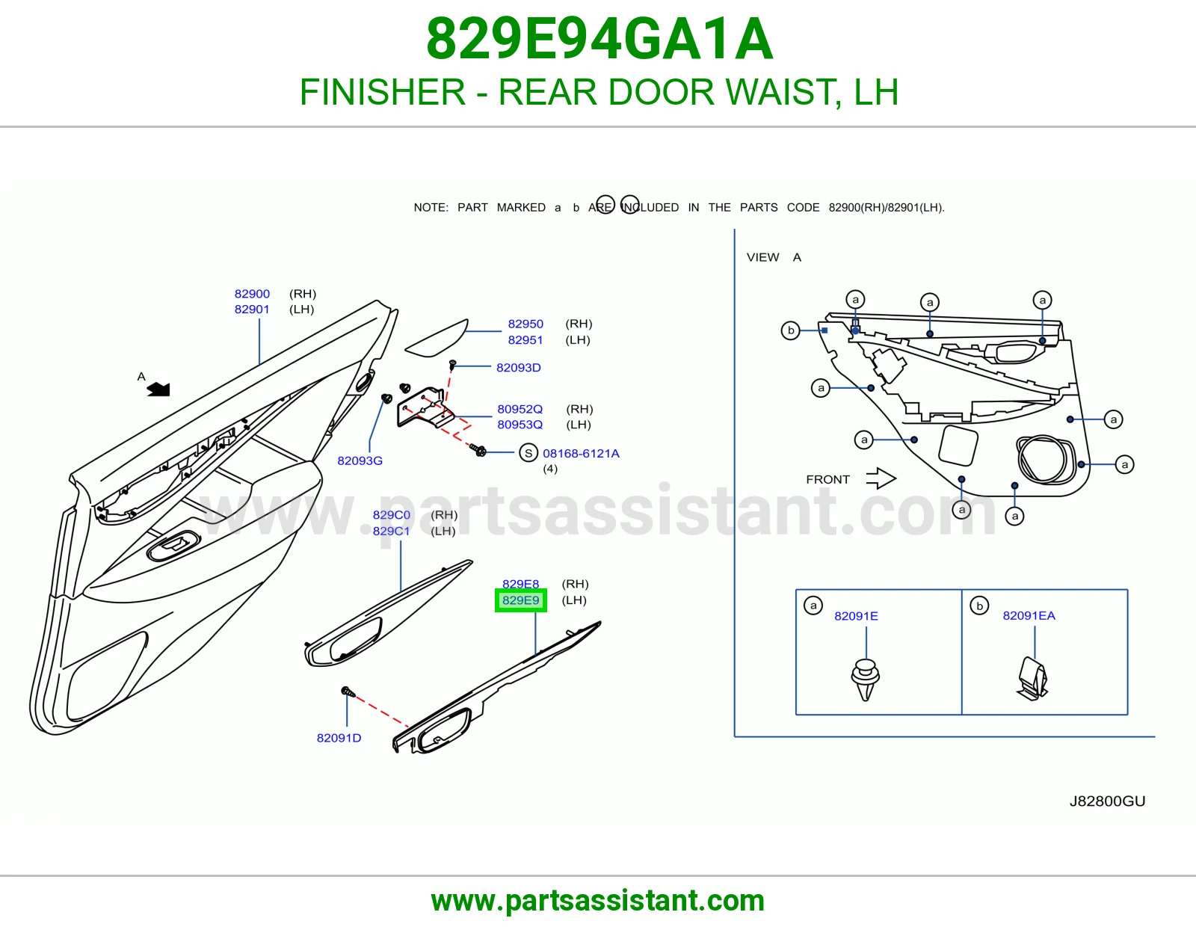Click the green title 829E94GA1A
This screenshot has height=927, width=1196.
point(599,39)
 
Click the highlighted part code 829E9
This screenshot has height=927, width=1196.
point(521,600)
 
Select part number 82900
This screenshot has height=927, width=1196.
point(252,293)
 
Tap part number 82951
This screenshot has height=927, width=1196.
point(525,339)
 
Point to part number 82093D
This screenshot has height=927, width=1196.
point(519,367)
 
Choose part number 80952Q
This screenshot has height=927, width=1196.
point(520,409)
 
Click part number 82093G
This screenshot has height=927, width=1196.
point(360,461)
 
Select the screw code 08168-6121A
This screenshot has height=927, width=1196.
point(581,453)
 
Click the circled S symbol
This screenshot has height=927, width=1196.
point(528,453)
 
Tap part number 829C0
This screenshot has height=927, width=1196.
point(392,514)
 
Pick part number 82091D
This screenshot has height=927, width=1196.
point(339,738)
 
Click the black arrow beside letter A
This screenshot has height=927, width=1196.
point(158,389)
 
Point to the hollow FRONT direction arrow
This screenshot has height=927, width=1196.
point(881,478)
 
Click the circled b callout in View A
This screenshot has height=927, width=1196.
point(790,330)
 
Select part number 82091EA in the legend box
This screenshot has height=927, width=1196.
point(1029,615)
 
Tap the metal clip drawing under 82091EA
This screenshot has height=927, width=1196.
point(1032,679)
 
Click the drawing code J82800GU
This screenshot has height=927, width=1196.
point(1107,801)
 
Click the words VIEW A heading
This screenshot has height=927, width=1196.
point(774,257)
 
